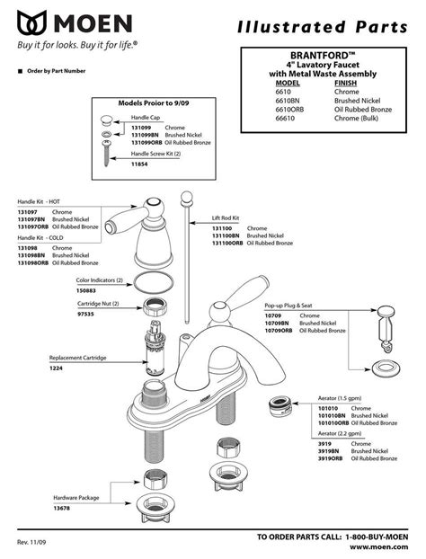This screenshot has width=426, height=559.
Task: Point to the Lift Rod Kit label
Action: (228, 218)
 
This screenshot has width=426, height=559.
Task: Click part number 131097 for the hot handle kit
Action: (30, 212)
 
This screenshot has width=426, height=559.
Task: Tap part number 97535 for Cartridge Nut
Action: (86, 312)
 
